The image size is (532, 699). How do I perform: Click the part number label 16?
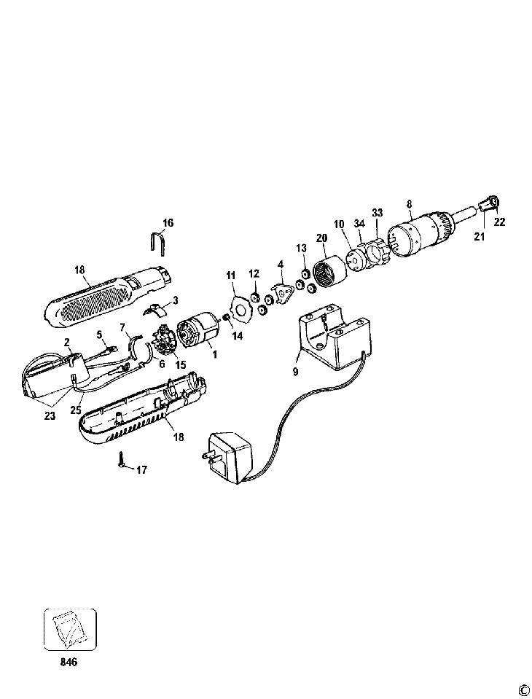[168, 222]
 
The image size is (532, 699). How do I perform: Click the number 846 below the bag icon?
[69, 663]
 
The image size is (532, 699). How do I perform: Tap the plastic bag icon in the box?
[70, 629]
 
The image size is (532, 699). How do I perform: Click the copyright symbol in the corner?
[523, 690]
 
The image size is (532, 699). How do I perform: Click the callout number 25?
[76, 410]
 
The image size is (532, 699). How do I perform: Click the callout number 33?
[377, 212]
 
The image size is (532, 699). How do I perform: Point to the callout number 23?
[50, 415]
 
